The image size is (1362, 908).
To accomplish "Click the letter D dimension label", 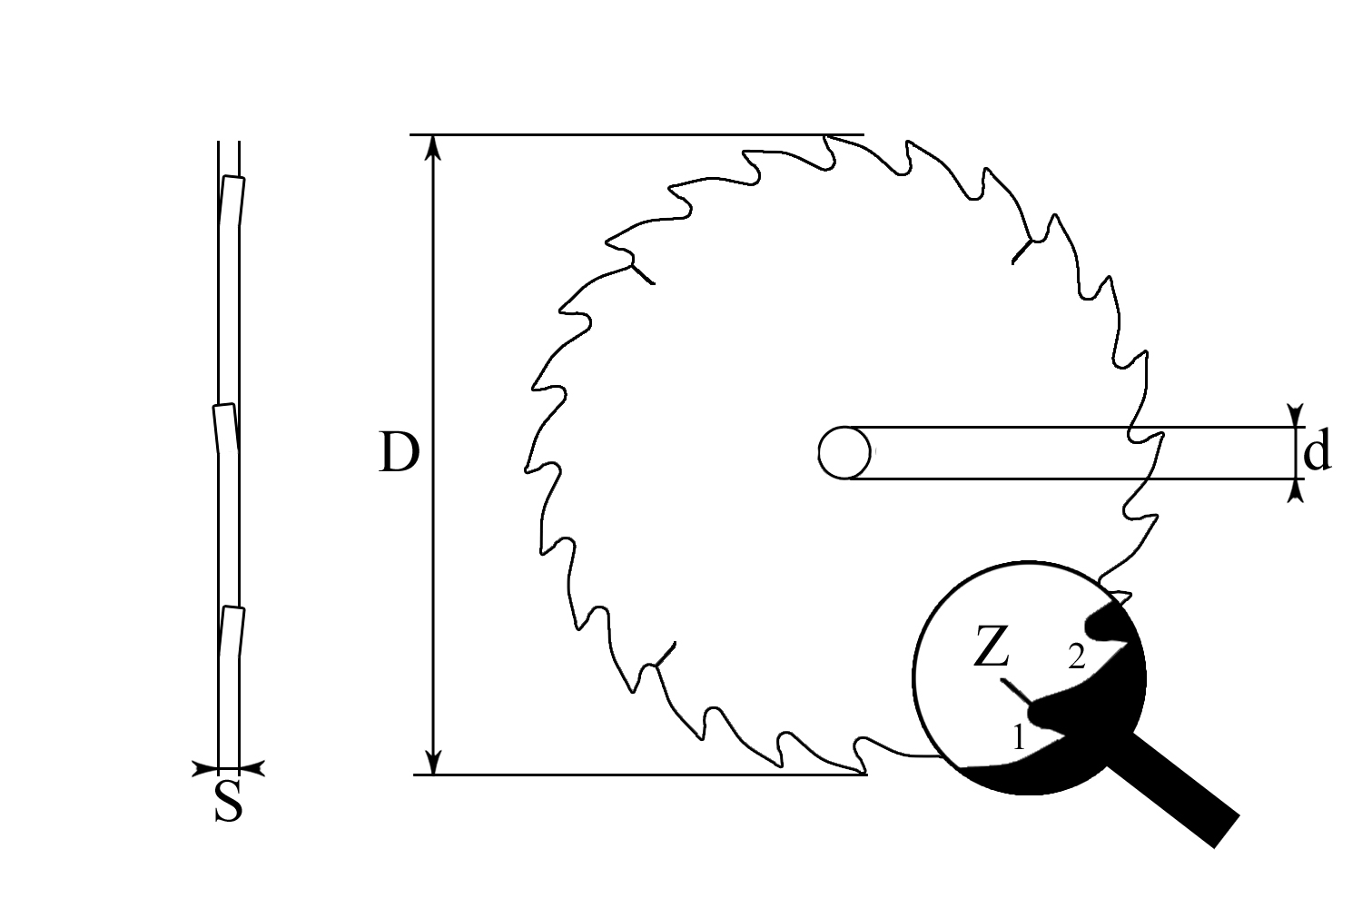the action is coord(400,452).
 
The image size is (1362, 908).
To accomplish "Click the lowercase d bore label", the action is coord(1317,451).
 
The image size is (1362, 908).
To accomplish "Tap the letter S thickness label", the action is coord(229,802).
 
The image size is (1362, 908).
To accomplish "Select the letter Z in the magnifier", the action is coord(992,646).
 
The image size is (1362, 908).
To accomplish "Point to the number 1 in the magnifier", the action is coord(1019,737).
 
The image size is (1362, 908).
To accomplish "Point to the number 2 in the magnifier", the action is coord(1077,657).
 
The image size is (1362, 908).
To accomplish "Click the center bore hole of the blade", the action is coord(844,453).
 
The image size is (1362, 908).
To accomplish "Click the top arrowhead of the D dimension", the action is coord(433,147).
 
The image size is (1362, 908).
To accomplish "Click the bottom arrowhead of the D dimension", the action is coord(433,763).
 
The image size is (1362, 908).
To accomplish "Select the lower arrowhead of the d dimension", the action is coord(1296,491).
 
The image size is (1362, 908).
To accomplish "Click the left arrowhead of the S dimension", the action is coord(205,769).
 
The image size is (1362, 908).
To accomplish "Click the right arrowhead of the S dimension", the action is coord(252,769).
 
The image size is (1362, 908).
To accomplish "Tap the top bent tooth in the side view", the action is coord(232,201).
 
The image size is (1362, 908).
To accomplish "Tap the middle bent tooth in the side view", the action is coord(225,429).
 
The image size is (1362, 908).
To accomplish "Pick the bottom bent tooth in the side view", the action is coord(232,632).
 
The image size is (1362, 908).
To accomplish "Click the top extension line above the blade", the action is coord(637,134).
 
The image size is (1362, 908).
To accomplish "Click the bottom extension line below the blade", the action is coord(640,775).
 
